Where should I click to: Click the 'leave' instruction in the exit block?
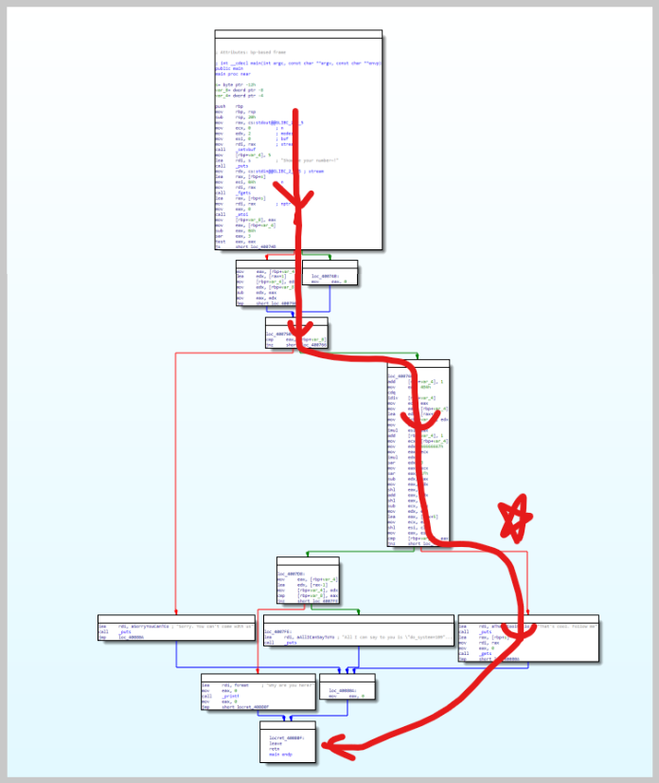276,742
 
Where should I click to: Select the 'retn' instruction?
275,749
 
